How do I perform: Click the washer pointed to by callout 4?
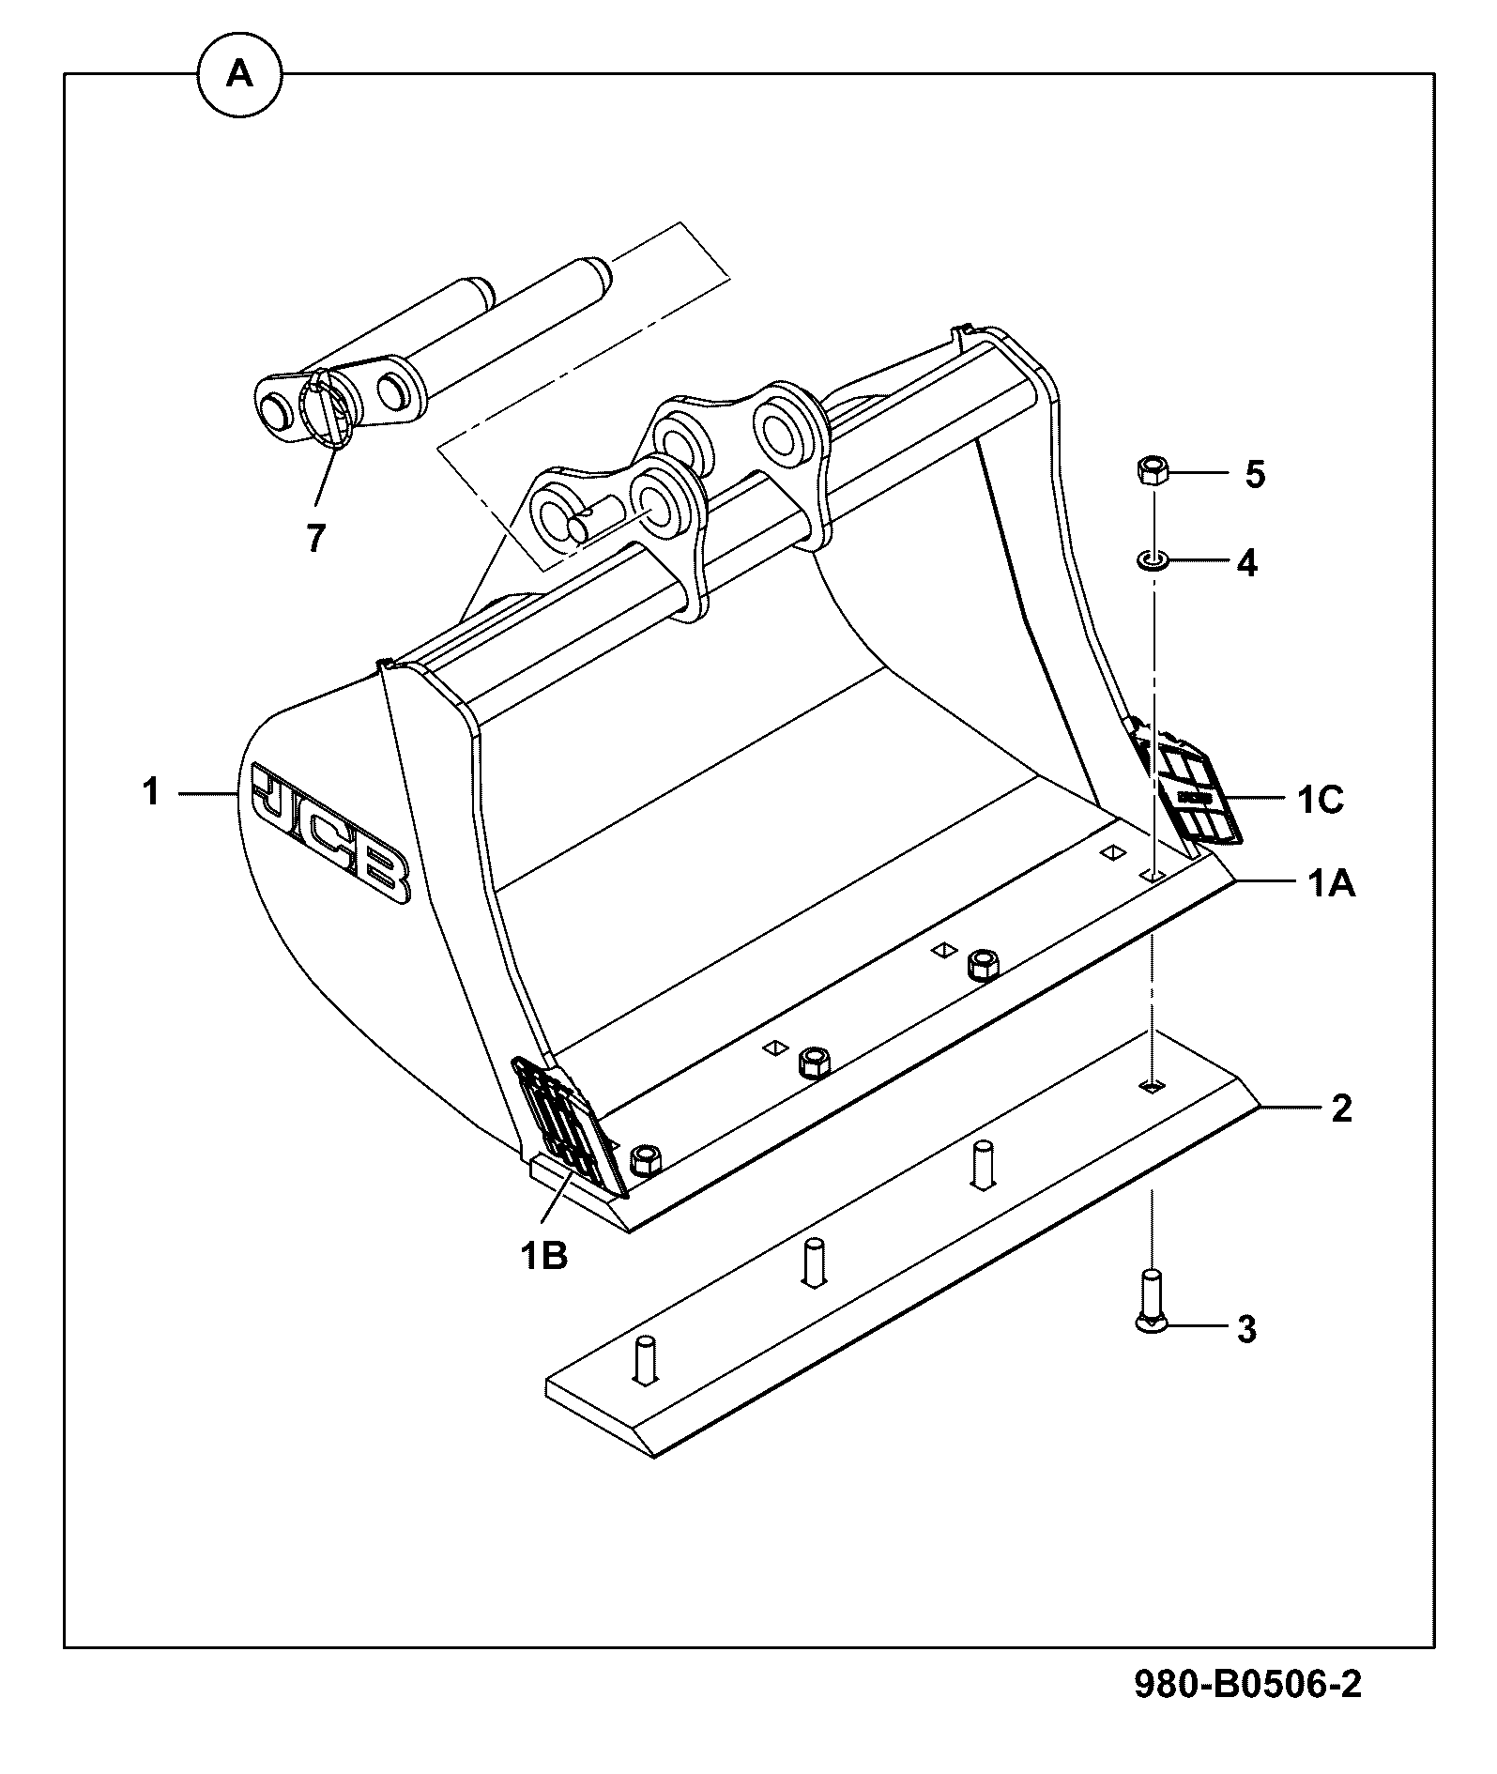[1152, 561]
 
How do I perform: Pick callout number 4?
[1246, 563]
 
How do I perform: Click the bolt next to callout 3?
[1151, 1299]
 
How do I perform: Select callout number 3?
[1246, 1329]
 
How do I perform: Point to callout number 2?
[1342, 1109]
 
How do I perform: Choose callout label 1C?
[1321, 800]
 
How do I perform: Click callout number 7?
[315, 538]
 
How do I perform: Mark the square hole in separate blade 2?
[1152, 1086]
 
